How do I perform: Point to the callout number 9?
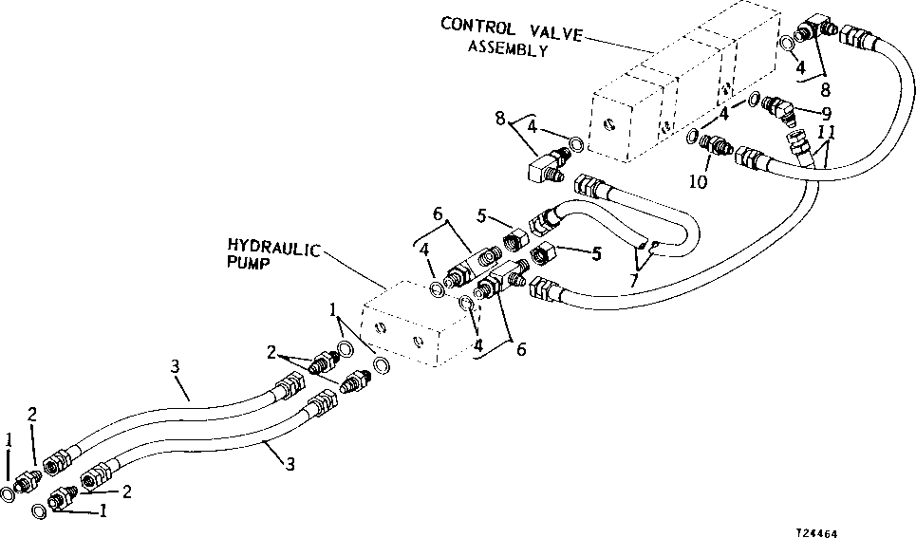[826, 113]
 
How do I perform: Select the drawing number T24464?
[823, 532]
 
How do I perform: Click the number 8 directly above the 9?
[825, 91]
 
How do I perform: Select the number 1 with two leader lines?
[332, 308]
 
